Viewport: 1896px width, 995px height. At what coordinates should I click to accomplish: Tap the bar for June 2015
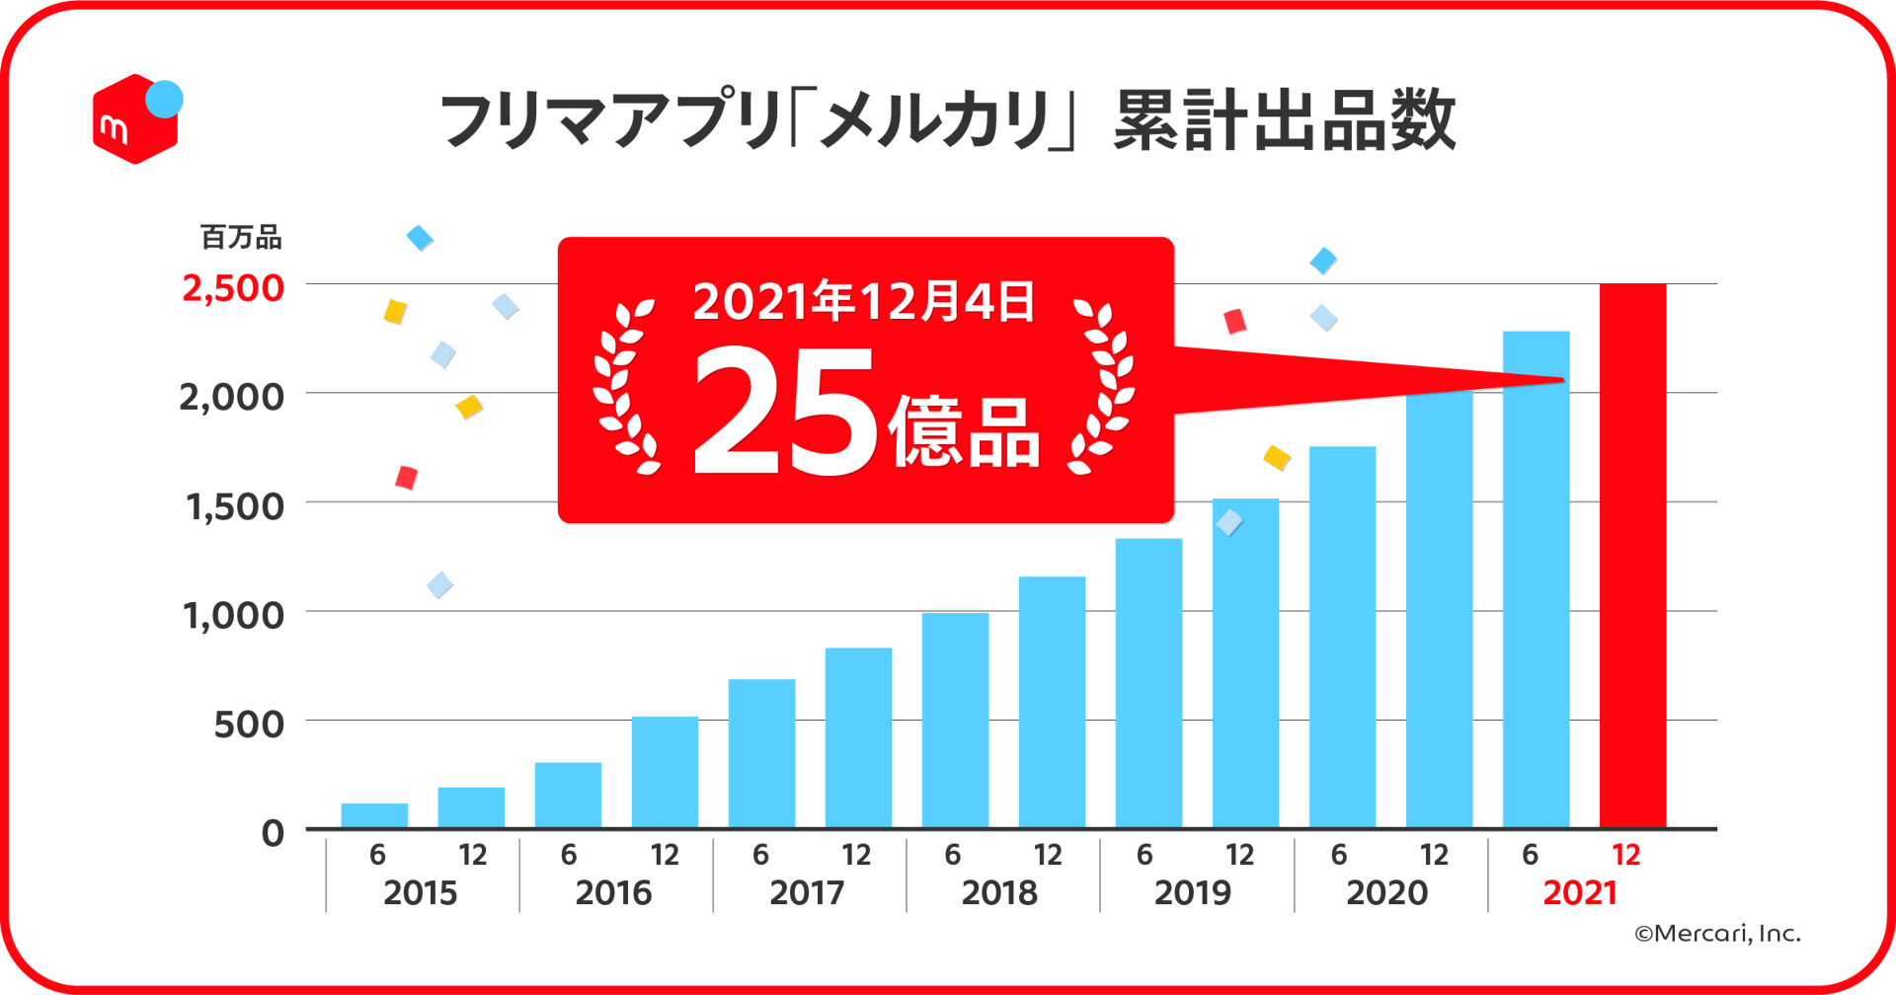(x=374, y=815)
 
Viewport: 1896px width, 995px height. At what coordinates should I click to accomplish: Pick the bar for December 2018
(x=1052, y=701)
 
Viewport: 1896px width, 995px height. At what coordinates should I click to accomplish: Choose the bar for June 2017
(x=761, y=752)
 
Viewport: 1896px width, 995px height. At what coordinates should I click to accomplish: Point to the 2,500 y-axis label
(x=233, y=288)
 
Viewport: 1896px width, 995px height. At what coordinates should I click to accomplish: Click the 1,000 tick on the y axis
(x=233, y=616)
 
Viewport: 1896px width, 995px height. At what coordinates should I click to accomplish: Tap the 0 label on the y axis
(x=273, y=834)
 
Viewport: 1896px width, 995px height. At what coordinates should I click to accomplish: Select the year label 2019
(x=1192, y=893)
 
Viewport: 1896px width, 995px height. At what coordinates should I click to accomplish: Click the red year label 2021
(x=1580, y=893)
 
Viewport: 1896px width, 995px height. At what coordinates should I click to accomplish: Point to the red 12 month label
(x=1625, y=855)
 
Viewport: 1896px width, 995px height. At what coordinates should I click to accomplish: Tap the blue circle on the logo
(x=164, y=100)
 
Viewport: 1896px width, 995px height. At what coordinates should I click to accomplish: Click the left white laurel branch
(x=624, y=387)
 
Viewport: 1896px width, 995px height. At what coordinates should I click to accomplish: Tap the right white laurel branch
(x=1104, y=387)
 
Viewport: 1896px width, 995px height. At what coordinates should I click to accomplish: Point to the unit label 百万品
(x=241, y=237)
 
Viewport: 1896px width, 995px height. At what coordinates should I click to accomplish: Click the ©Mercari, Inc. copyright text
(x=1717, y=934)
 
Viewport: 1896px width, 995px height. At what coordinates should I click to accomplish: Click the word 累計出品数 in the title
(x=1284, y=120)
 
